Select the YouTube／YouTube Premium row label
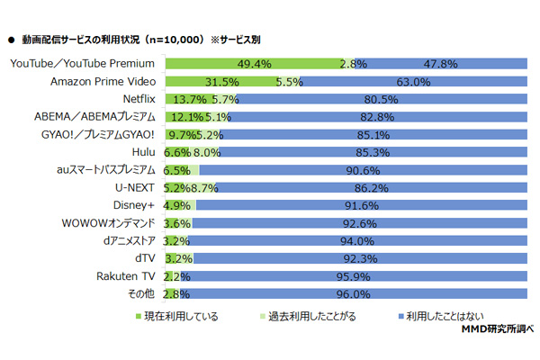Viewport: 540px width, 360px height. click(x=82, y=65)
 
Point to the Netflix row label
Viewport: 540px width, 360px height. click(x=139, y=99)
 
